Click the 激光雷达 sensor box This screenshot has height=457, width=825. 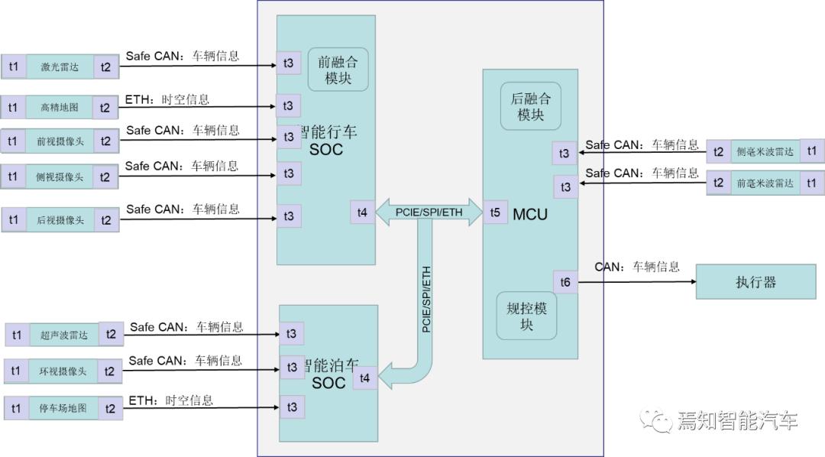pyautogui.click(x=60, y=67)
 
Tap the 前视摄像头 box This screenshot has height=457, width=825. pyautogui.click(x=60, y=141)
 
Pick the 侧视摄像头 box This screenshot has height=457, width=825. pyautogui.click(x=60, y=177)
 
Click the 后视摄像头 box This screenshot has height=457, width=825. pyautogui.click(x=60, y=220)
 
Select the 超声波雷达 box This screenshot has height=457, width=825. pyautogui.click(x=63, y=335)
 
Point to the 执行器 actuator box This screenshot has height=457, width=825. pyautogui.click(x=755, y=282)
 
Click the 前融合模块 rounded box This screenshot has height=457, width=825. pyautogui.click(x=338, y=69)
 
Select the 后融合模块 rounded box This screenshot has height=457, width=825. pyautogui.click(x=530, y=106)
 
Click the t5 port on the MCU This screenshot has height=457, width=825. pyautogui.click(x=495, y=212)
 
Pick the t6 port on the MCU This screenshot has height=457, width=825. pyautogui.click(x=565, y=282)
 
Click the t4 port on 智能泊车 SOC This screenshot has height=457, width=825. pyautogui.click(x=364, y=377)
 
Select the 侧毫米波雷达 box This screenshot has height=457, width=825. pyautogui.click(x=765, y=151)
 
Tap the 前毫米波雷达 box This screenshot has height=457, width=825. pyautogui.click(x=765, y=183)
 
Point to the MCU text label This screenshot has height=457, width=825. pyautogui.click(x=530, y=214)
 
